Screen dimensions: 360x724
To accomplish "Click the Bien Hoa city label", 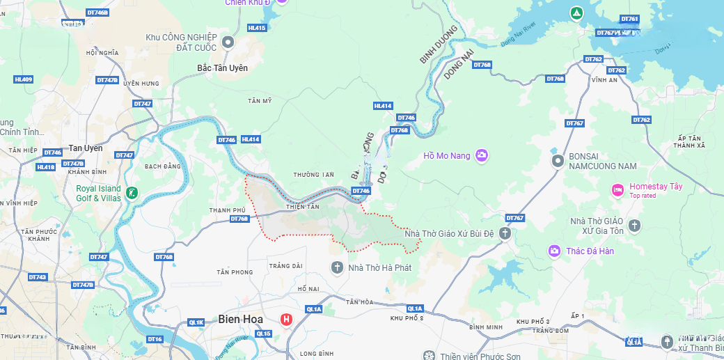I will pos(241,319).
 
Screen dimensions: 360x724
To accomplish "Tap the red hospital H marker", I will pos(285,320).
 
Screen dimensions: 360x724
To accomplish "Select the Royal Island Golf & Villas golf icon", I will pos(132,193).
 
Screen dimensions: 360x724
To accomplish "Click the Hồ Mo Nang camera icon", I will pos(482,155).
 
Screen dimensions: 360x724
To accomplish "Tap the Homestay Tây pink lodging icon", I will pos(617,190).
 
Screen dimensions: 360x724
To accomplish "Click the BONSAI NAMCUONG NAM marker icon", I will pos(557,161).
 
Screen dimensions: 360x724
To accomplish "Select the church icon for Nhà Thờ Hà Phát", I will pos(337,267).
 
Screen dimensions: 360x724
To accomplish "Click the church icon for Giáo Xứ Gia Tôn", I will pos(633,226).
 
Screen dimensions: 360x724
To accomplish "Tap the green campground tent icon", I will pos(576,13).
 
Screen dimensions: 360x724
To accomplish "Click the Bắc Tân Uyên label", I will pos(222,68).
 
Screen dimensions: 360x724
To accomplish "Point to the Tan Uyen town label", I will pos(85,148).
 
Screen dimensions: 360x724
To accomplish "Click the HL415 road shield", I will pos(257,28).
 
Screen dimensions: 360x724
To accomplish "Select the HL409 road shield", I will pos(23,79).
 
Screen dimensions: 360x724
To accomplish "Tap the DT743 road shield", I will pos(38,277).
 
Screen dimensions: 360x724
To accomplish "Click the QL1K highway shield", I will pos(196,322).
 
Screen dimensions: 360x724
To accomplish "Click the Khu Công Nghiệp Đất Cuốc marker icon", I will pos(228,42).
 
